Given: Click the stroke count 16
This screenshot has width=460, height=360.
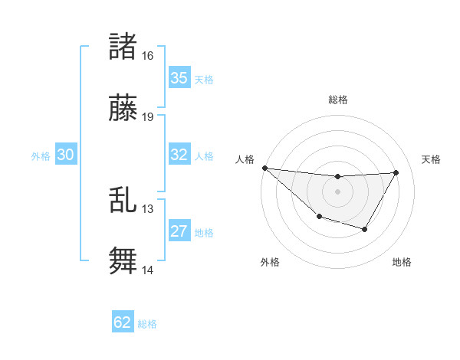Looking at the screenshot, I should (x=147, y=56).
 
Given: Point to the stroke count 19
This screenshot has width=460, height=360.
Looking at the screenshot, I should (x=147, y=117).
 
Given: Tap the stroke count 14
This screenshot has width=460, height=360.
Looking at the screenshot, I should (x=147, y=270).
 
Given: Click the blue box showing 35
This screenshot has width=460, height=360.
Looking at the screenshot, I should (x=179, y=78).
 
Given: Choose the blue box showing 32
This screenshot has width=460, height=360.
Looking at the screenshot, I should (x=179, y=155).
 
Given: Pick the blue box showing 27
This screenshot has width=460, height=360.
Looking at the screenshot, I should (x=179, y=231).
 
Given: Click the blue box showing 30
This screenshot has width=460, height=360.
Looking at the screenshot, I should (x=66, y=155).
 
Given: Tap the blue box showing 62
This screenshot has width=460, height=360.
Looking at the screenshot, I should (x=123, y=322).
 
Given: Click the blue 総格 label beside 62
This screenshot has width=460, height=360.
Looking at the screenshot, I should (x=147, y=324).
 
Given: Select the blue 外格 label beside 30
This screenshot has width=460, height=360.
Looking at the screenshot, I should (x=41, y=156).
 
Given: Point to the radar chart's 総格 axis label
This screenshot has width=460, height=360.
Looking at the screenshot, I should (x=337, y=100).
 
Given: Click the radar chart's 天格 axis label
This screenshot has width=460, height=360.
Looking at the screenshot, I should (x=432, y=159).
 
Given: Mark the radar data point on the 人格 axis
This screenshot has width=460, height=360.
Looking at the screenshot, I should (x=264, y=168).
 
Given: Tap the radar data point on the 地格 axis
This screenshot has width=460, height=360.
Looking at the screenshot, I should (x=365, y=229).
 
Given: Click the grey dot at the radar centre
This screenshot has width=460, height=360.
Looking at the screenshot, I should (x=337, y=191).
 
